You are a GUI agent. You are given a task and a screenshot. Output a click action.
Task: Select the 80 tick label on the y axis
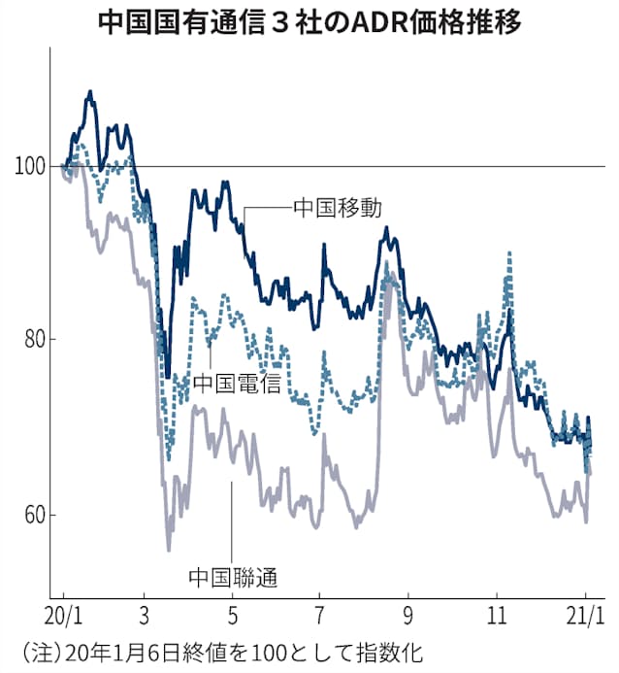(x=34, y=340)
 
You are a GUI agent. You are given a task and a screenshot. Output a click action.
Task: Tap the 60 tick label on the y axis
(x=34, y=514)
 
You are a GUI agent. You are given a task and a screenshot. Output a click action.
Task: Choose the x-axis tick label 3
(x=144, y=615)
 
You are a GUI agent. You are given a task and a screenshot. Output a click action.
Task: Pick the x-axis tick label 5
(x=232, y=615)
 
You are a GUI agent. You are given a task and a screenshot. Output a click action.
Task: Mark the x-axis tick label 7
(x=320, y=615)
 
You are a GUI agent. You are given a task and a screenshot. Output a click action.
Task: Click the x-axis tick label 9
(x=408, y=615)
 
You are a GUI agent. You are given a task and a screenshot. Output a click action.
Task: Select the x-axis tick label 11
(x=497, y=615)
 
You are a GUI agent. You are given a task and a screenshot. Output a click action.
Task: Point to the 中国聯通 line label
(x=234, y=578)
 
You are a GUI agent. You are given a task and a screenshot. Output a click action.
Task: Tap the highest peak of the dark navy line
(x=90, y=92)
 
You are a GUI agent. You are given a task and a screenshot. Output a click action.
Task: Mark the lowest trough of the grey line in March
(x=169, y=550)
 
